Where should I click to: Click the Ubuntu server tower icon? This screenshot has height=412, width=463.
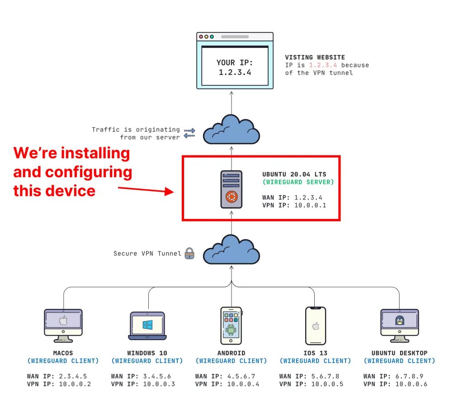[231, 189]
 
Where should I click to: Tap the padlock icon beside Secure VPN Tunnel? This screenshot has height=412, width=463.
[189, 253]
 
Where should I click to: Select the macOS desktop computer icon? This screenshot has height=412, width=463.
[63, 324]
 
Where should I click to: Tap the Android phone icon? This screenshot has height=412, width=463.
[231, 326]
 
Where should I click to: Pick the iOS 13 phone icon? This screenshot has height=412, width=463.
[315, 326]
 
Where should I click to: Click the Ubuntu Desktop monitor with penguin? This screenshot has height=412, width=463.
[399, 324]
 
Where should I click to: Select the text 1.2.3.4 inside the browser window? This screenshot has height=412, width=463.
[235, 72]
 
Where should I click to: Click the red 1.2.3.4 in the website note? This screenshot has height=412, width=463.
[323, 65]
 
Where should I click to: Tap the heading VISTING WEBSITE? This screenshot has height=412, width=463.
[315, 57]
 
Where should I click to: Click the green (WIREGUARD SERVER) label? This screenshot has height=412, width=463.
[298, 182]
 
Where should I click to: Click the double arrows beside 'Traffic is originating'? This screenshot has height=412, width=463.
[189, 133]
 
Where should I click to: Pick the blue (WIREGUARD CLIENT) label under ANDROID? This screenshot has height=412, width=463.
[231, 361]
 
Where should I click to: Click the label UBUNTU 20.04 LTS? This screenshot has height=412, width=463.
[294, 174]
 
